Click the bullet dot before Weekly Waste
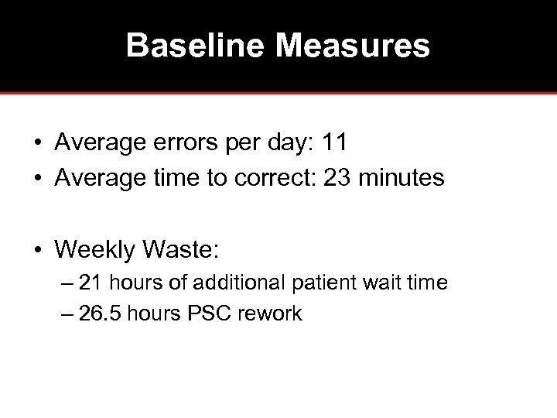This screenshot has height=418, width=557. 37,249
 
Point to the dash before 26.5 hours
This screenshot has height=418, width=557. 67,313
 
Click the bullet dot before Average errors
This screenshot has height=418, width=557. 37,144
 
